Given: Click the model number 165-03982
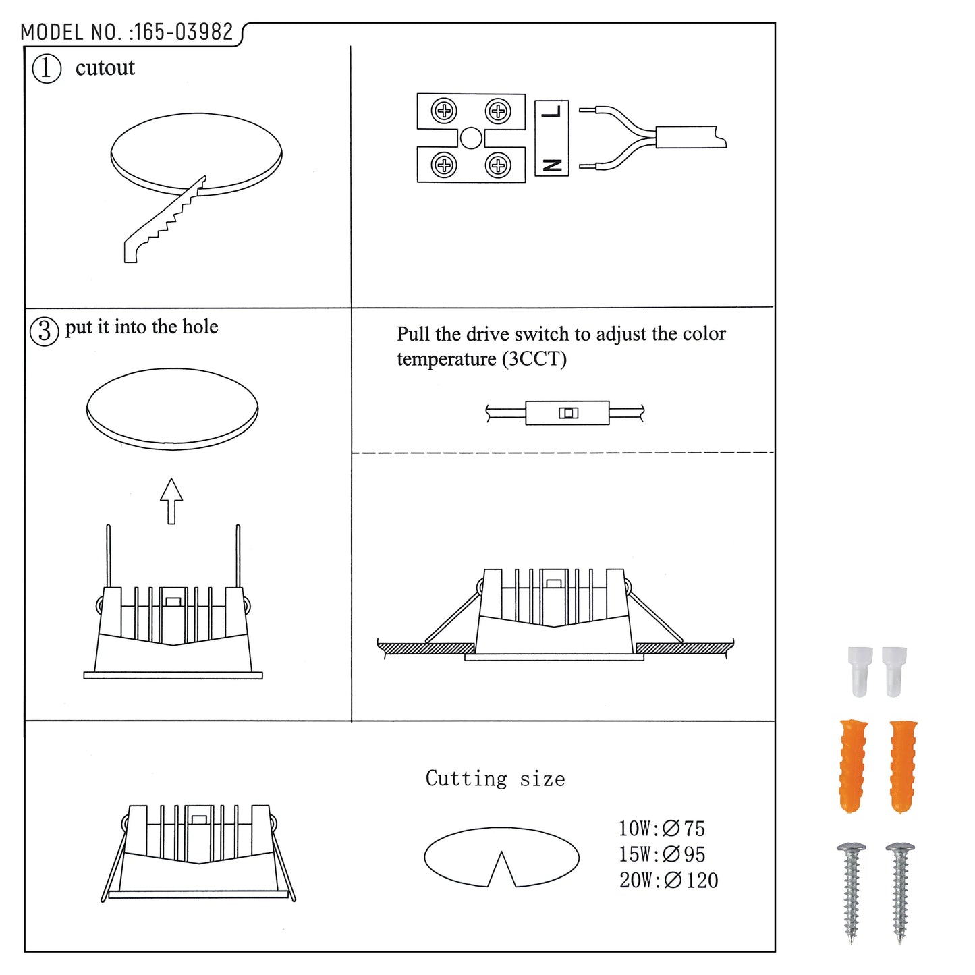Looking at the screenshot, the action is coord(183,32).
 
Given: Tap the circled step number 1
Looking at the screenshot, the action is coord(47,69).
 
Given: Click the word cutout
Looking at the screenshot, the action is coord(105,67).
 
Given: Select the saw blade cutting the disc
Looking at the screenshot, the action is coord(165,220).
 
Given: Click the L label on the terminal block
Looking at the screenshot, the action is coord(551,111).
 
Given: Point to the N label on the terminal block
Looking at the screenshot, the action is coord(551,165).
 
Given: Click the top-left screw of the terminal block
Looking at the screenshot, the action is coord(444,111).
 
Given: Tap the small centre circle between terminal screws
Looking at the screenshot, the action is coord(470,138).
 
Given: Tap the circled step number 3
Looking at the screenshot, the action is coord(45,331).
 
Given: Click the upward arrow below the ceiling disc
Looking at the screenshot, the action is coord(171,501).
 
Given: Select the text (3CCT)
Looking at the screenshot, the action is coord(534,359).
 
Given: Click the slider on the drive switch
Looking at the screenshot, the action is coord(568,413).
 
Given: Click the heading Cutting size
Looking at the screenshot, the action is coord(495,778).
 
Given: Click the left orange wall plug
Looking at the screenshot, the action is coord(853,766).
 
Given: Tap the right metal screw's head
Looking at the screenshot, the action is coord(900,847).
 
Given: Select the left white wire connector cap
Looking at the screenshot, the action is coord(860,671).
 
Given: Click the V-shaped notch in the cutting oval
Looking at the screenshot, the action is coord(501,870).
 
